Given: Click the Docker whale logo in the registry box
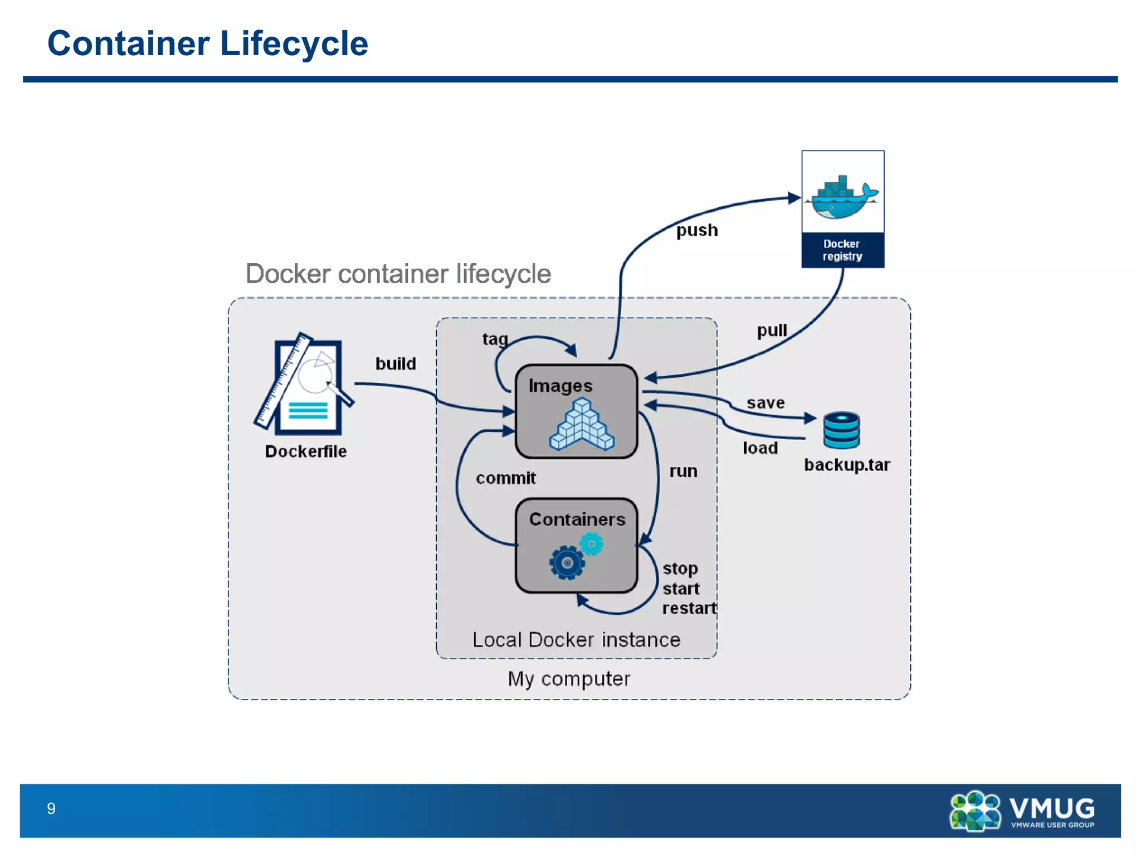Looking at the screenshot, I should (x=841, y=198).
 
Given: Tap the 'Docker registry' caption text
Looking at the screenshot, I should (x=842, y=250).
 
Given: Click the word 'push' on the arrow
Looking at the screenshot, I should (x=696, y=230).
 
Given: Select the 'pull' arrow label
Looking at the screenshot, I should (x=772, y=330).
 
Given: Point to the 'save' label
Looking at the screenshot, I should (x=765, y=403).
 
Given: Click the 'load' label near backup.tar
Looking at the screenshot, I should (x=760, y=448).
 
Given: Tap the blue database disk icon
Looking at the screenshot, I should (x=841, y=430).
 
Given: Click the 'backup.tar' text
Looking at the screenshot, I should (x=846, y=465).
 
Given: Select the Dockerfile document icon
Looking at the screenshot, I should (x=304, y=384).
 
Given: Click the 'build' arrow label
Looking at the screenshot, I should (x=396, y=364).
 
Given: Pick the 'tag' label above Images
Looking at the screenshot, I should (x=495, y=339).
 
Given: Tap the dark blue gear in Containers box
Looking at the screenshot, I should (x=567, y=563).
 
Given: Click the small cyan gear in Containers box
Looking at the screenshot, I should (x=591, y=543).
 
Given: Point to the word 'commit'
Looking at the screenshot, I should (x=505, y=478).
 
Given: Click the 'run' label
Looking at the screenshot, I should (x=683, y=471).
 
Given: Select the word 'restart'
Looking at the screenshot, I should (x=689, y=608).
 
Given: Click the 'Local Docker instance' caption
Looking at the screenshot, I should (x=576, y=640).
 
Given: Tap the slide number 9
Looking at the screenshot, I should (x=51, y=809).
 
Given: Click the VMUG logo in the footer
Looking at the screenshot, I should (x=1022, y=811).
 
